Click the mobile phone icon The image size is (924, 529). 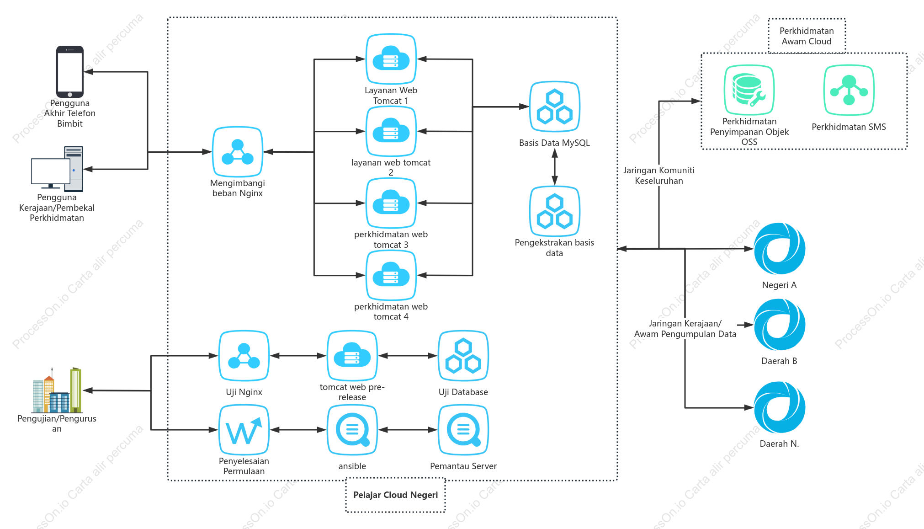click(70, 72)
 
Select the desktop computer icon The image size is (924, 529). click(57, 169)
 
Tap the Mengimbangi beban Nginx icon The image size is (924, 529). click(238, 152)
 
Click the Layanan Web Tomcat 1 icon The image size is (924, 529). click(391, 59)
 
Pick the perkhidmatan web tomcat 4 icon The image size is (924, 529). click(391, 275)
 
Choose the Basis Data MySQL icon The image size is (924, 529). click(555, 107)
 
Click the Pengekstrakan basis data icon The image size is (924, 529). click(555, 211)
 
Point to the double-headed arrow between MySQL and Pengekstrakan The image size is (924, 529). click(555, 167)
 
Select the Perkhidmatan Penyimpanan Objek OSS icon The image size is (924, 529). click(749, 90)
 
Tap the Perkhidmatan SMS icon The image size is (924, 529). click(849, 90)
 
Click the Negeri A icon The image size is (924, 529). click(780, 249)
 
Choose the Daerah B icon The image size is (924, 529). click(780, 325)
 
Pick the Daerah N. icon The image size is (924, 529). click(780, 407)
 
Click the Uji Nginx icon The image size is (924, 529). click(244, 356)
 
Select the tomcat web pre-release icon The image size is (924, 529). click(352, 356)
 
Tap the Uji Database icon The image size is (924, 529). click(463, 356)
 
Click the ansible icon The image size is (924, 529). click(352, 430)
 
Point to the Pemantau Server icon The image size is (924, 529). click(463, 430)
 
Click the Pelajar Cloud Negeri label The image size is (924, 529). click(396, 495)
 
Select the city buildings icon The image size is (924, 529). click(57, 390)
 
